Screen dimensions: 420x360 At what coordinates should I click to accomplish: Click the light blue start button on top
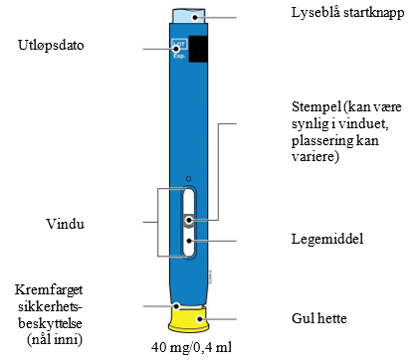(x=188, y=16)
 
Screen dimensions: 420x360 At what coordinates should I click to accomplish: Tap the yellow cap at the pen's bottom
(x=189, y=319)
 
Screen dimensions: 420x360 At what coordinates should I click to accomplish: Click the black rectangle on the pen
(x=198, y=49)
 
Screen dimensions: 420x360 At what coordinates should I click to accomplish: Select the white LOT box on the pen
(x=179, y=45)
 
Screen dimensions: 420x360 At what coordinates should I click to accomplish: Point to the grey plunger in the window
(x=189, y=220)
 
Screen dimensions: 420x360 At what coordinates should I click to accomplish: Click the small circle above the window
(x=188, y=179)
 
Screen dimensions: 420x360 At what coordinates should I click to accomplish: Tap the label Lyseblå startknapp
(x=348, y=13)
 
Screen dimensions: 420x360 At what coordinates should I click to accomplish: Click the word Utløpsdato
(x=51, y=45)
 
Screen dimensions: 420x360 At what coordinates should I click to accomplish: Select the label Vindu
(x=65, y=224)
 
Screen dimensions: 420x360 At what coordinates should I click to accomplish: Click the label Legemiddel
(x=327, y=239)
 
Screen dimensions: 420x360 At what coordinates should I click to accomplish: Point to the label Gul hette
(x=319, y=318)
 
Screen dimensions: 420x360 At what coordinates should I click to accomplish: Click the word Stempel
(x=316, y=107)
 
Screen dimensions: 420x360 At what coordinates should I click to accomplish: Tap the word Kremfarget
(x=49, y=290)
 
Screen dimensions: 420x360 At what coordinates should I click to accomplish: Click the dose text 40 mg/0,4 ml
(x=191, y=347)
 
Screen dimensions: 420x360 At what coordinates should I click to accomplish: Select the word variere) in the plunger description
(x=315, y=156)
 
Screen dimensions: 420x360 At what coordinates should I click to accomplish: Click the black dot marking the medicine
(x=189, y=241)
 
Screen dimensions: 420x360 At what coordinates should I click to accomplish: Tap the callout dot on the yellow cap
(x=199, y=319)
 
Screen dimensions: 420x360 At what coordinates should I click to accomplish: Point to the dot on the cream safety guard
(x=177, y=306)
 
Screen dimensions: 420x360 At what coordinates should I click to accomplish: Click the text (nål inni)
(x=55, y=340)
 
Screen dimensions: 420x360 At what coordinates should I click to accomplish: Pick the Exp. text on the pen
(x=179, y=56)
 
